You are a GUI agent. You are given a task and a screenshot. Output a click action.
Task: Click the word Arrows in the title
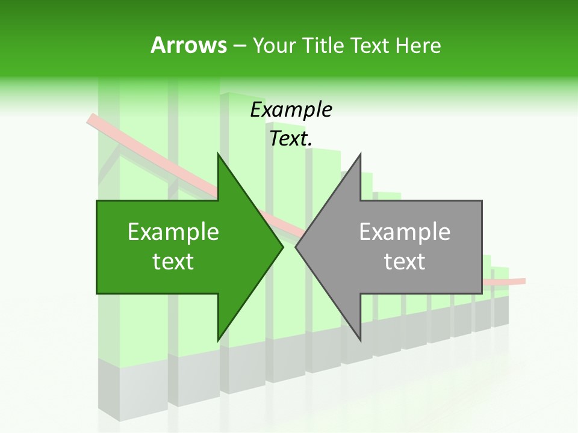click(189, 45)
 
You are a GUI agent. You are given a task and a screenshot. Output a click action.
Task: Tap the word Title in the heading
click(324, 45)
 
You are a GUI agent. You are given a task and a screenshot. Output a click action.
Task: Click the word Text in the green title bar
click(370, 45)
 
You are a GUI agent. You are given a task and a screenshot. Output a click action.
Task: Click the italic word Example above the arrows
click(291, 109)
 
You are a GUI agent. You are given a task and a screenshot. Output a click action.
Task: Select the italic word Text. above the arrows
click(291, 139)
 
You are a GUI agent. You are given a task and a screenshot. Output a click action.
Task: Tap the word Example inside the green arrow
click(173, 232)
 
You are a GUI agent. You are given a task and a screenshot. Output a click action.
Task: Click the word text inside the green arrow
click(173, 262)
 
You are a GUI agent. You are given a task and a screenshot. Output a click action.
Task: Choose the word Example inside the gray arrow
click(405, 232)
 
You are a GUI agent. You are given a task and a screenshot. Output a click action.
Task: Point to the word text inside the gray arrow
click(405, 262)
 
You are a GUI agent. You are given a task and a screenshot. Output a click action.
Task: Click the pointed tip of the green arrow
click(283, 247)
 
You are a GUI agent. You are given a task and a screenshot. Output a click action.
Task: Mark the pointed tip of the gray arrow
click(296, 247)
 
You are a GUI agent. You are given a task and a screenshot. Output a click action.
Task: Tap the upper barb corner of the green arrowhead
click(218, 153)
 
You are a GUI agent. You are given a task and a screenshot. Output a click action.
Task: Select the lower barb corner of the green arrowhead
click(218, 340)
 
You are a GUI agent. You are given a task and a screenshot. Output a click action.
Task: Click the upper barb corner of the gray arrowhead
click(361, 153)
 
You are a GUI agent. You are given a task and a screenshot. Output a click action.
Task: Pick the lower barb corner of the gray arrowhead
click(361, 340)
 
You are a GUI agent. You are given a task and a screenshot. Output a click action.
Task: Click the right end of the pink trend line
click(524, 281)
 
